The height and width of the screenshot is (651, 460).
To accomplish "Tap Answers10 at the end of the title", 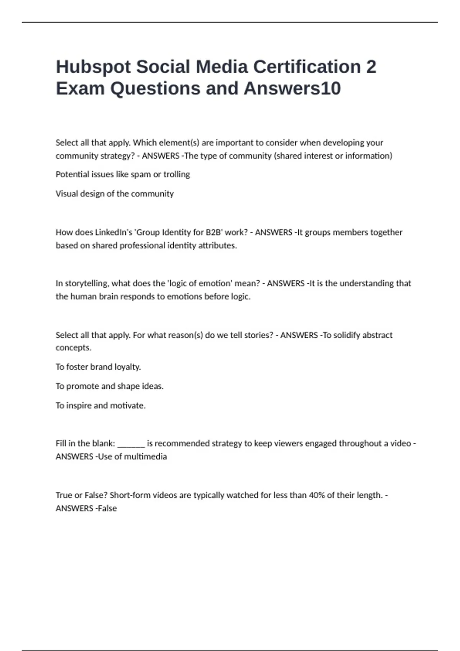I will (292, 88).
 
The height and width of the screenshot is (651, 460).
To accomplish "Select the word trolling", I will (177, 175).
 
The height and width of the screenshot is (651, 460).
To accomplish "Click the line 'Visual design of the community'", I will (115, 194).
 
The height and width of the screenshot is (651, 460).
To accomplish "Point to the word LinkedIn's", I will (113, 232).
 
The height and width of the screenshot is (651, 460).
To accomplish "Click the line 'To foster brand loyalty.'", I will (98, 367).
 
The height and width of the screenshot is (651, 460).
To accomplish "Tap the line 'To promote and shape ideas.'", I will (110, 386).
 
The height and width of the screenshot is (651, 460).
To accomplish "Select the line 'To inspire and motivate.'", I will (100, 406).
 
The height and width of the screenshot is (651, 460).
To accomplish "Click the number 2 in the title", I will (371, 67).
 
